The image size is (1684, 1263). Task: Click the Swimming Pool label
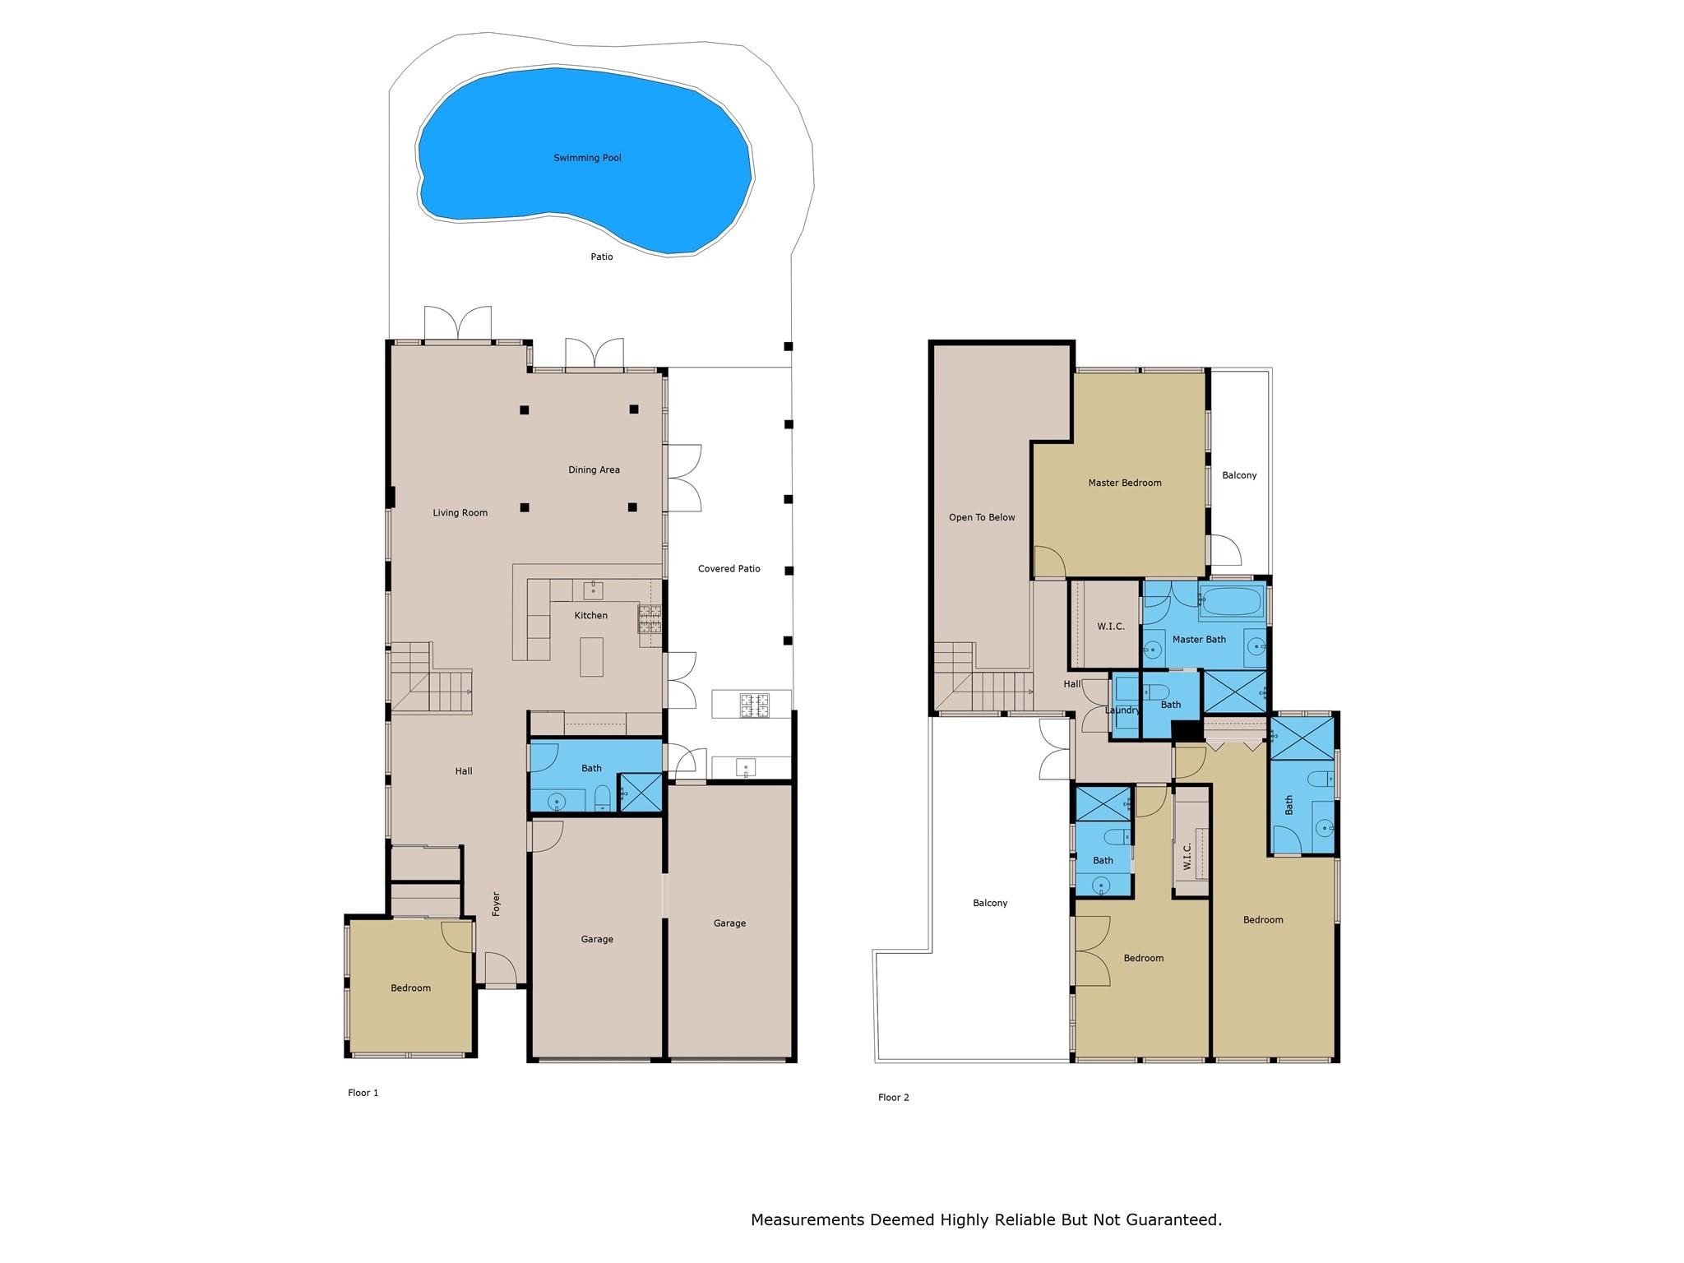point(587,158)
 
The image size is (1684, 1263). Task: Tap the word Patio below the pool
point(602,257)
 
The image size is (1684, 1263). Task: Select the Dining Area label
point(594,470)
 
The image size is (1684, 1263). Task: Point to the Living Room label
point(460,513)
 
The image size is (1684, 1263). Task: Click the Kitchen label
point(591,615)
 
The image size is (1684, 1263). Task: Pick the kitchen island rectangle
point(591,657)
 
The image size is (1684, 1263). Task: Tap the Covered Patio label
point(729,569)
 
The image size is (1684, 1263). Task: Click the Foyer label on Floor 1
point(496,904)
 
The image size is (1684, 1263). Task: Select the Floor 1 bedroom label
point(410,988)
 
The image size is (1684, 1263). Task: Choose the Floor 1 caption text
point(363,1093)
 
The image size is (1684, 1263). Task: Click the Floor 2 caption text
point(893,1097)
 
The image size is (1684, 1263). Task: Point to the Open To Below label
point(982,518)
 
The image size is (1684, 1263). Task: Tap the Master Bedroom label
point(1125,483)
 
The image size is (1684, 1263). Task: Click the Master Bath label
point(1199,640)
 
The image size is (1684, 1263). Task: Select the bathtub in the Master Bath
point(1230,602)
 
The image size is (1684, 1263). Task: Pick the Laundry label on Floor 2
point(1122,710)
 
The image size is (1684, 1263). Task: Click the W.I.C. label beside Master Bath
point(1111,627)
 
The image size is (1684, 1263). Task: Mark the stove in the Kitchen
point(650,619)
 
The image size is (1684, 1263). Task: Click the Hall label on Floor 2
point(1072,684)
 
